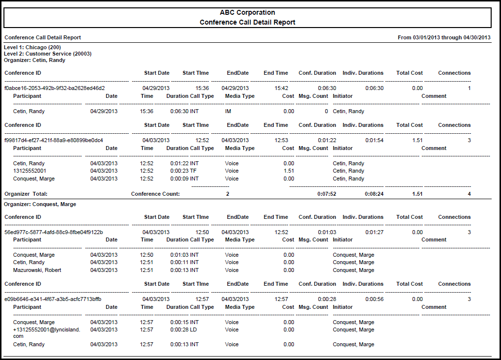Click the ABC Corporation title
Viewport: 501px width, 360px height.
[247, 13]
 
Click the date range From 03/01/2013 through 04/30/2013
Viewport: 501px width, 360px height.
[444, 37]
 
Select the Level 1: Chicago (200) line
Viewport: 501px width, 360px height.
[32, 47]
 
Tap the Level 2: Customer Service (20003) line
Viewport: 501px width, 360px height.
[48, 54]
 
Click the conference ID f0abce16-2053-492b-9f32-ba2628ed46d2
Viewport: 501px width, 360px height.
[55, 88]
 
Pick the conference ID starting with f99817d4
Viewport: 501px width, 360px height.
[54, 140]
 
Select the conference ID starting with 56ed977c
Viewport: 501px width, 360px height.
[54, 232]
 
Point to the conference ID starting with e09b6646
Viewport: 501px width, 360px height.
[53, 299]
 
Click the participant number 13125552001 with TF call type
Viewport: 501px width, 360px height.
[31, 171]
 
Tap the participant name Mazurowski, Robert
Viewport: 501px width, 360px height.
[37, 270]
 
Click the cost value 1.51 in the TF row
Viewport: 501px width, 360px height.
[289, 171]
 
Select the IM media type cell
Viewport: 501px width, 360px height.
[228, 111]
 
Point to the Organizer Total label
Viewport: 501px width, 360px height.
[26, 194]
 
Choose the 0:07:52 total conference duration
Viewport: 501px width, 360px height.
[327, 194]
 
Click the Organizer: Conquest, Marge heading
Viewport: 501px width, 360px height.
[40, 204]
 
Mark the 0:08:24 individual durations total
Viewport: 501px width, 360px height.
[374, 194]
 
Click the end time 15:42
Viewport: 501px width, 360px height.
[282, 88]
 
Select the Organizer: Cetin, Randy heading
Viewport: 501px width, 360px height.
[34, 60]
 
